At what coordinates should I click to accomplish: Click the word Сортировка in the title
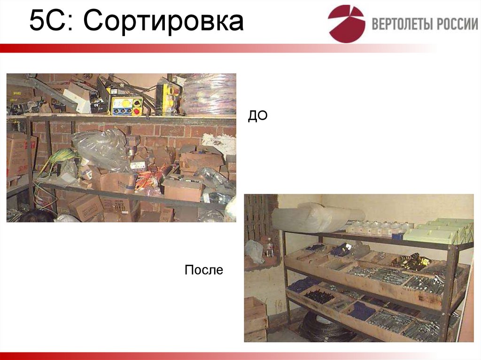(165, 22)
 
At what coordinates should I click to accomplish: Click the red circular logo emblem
(346, 23)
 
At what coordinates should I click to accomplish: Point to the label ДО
(257, 116)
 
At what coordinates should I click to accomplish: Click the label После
(203, 270)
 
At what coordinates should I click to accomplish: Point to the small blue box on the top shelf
(398, 236)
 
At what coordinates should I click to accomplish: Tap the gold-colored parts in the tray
(411, 261)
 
